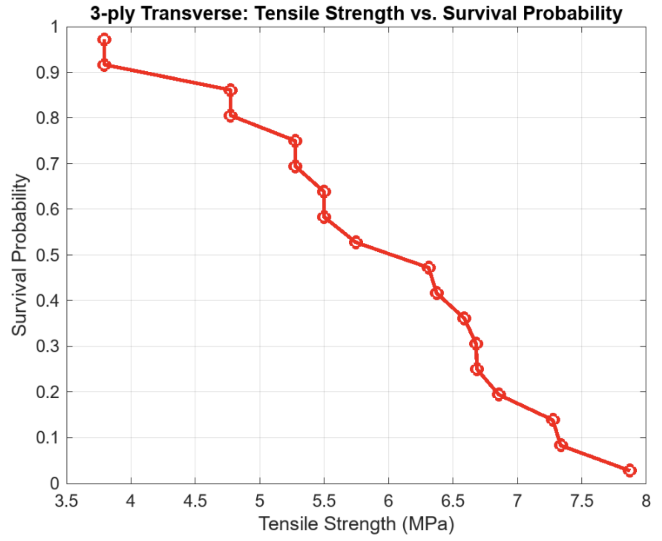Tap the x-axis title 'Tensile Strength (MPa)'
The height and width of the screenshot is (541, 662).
tap(356, 524)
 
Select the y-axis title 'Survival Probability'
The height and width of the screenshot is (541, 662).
tap(20, 255)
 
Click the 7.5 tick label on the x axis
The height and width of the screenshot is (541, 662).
tap(581, 501)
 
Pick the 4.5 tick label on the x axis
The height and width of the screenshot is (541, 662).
tap(195, 501)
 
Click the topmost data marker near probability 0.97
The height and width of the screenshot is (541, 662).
tap(104, 39)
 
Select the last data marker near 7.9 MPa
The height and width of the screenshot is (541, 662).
tap(630, 470)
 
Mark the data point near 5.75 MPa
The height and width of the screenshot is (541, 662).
tap(356, 242)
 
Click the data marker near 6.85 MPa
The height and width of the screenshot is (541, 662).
tap(499, 394)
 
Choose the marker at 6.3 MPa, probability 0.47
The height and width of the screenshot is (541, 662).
tap(429, 267)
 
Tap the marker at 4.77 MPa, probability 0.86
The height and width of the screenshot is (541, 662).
tap(230, 90)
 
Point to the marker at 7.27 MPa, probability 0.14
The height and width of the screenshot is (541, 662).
tap(553, 419)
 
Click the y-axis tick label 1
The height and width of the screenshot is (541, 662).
tap(55, 27)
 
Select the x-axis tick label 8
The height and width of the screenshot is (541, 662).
tap(646, 501)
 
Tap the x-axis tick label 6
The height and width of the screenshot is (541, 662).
tap(388, 501)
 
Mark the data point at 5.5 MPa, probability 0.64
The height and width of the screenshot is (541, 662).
tap(324, 191)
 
